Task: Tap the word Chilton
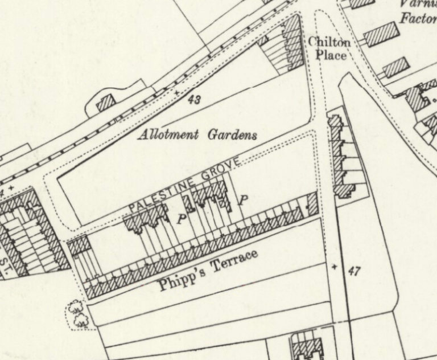point(329,42)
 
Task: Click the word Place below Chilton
point(331,55)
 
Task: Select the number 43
point(193,100)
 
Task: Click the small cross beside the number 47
point(335,267)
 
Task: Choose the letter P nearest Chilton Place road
point(244,199)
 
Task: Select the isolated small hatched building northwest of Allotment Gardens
point(105,103)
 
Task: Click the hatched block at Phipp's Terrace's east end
point(312,203)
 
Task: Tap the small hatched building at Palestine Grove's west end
point(79,246)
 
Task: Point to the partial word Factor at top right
point(418,18)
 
